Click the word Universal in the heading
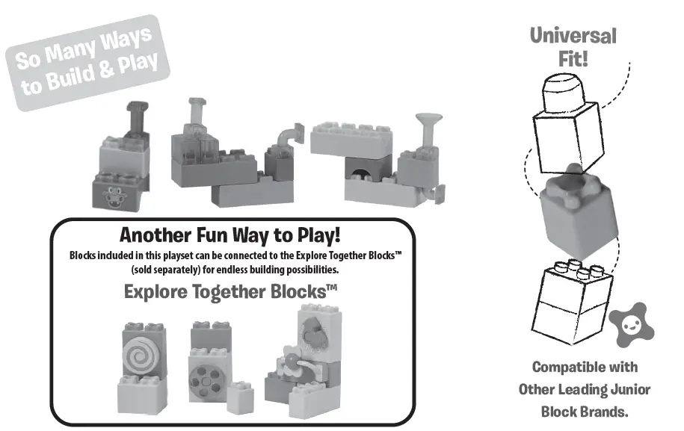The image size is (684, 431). click(573, 35)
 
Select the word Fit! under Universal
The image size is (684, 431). click(573, 59)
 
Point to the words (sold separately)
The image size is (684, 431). click(163, 268)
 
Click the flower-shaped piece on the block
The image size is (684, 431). click(292, 365)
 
